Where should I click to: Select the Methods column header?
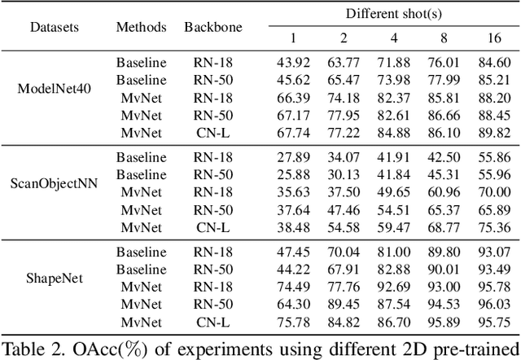click(x=141, y=26)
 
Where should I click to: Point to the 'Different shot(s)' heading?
click(x=390, y=13)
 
